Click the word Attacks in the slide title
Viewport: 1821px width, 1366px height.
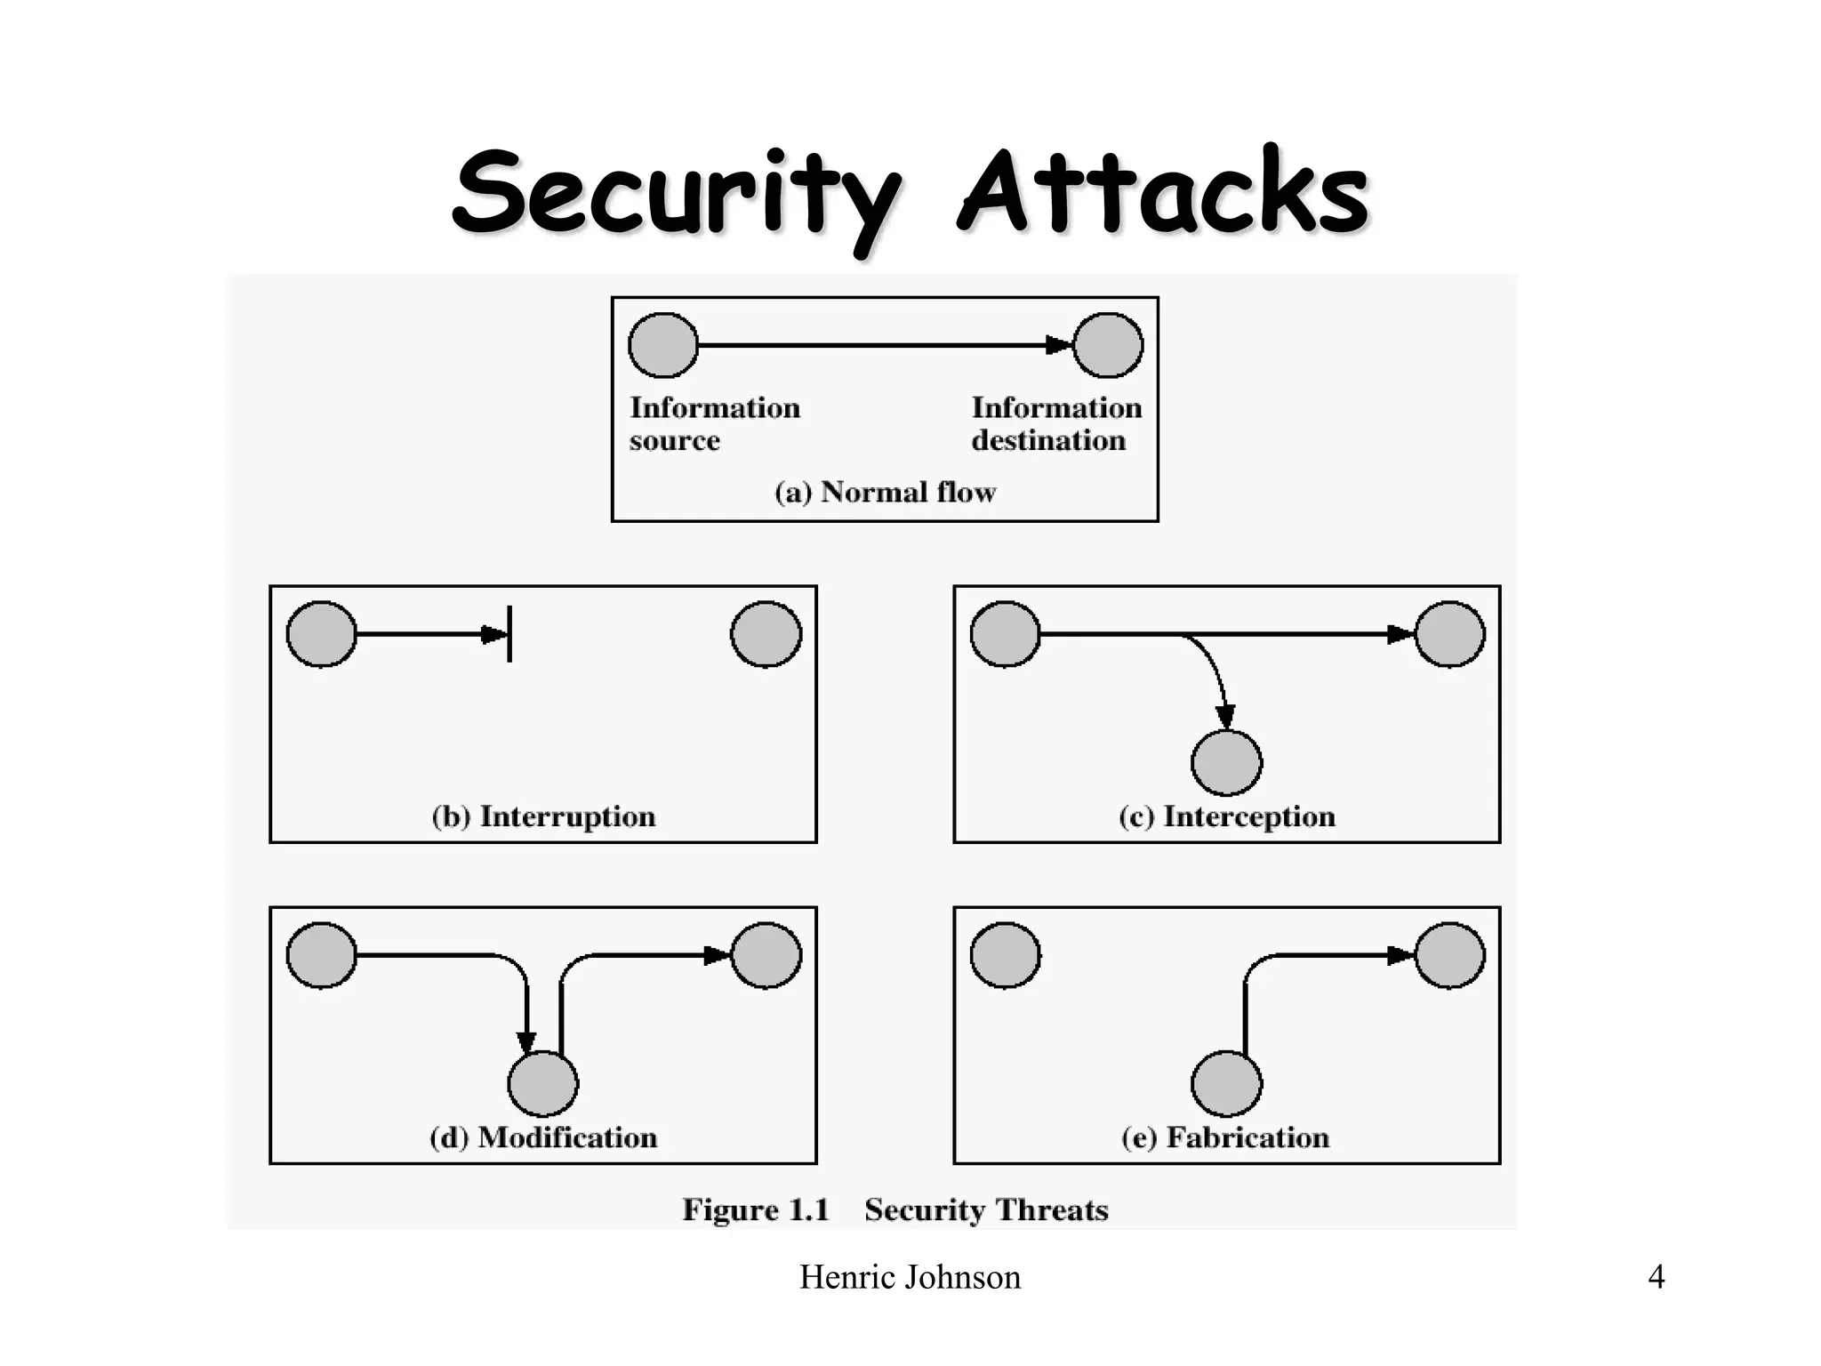[x=1163, y=194]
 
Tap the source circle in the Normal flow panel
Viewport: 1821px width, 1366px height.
[x=663, y=345]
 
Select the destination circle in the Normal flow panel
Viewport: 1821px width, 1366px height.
[x=1108, y=345]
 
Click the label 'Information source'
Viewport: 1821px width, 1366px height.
[x=715, y=424]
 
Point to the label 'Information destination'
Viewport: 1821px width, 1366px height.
[x=1056, y=424]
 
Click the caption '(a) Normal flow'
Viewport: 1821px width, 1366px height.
[x=885, y=492]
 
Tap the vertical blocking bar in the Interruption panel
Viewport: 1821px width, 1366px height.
[x=509, y=634]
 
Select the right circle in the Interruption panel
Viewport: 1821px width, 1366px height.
[x=766, y=634]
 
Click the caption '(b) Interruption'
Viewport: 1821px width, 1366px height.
[x=543, y=816]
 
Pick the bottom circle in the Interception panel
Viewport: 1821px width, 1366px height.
[x=1226, y=762]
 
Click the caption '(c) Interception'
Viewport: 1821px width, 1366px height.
[x=1227, y=816]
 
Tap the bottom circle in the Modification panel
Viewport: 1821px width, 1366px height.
[x=543, y=1083]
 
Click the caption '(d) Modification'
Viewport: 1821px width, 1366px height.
[x=543, y=1137]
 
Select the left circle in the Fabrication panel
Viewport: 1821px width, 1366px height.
[x=1006, y=956]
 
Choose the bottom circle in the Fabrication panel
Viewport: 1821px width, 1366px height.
[x=1226, y=1083]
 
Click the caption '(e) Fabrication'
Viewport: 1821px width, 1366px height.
[x=1225, y=1137]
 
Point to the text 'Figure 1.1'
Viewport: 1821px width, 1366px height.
[x=756, y=1209]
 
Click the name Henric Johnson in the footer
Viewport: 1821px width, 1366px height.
[x=910, y=1277]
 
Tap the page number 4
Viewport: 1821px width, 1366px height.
[x=1656, y=1277]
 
